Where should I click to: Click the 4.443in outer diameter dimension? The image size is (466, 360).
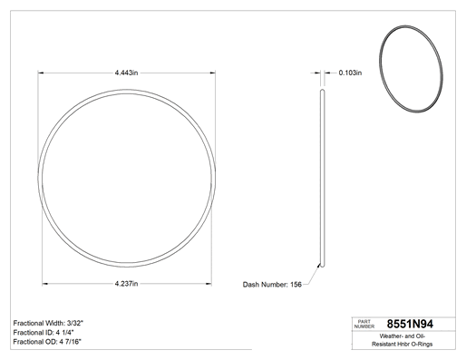[x=126, y=73]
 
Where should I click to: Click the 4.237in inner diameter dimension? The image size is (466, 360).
[x=126, y=284]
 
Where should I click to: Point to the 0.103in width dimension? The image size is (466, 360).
[x=350, y=73]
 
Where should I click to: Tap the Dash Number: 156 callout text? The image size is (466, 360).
[x=272, y=285]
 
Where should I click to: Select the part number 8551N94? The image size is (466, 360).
[x=410, y=324]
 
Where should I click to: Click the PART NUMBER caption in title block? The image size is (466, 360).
[x=364, y=324]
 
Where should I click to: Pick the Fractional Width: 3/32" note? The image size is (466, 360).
[x=48, y=323]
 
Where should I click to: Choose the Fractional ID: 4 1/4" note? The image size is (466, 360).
[x=44, y=333]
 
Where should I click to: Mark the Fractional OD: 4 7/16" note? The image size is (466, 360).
[x=47, y=342]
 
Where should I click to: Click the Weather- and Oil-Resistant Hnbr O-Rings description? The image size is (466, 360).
[x=402, y=340]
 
